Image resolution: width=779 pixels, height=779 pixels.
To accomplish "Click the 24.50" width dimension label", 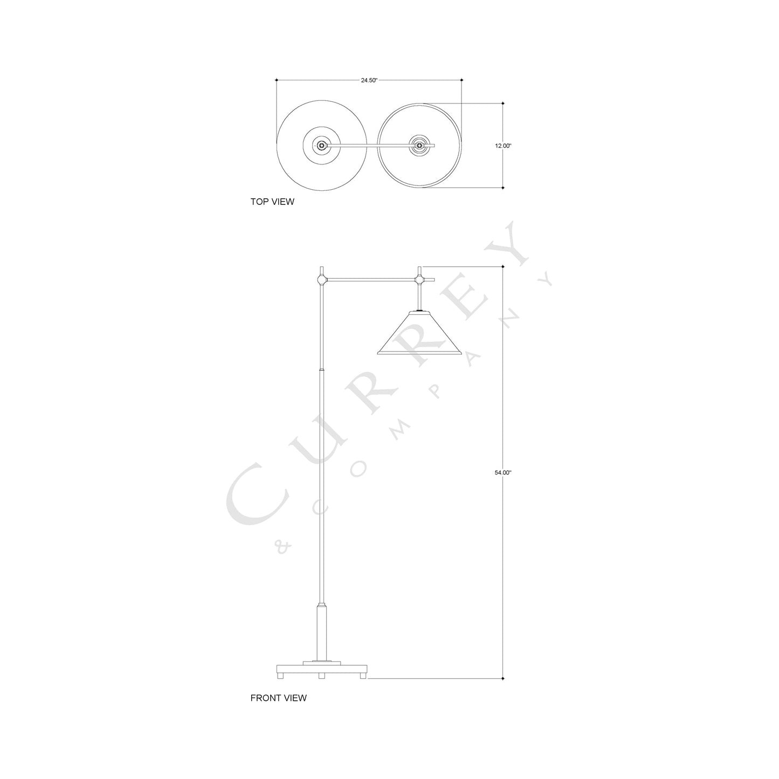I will [369, 80].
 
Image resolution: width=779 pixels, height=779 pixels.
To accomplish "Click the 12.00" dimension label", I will [503, 146].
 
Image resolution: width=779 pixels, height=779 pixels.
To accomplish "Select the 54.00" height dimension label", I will [503, 472].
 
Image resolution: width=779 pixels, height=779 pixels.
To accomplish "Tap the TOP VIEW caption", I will [272, 202].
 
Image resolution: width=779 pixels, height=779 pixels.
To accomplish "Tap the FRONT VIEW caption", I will [278, 698].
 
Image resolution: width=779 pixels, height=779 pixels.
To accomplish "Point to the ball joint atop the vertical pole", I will [321, 280].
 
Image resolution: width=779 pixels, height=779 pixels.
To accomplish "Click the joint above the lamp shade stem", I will [419, 280].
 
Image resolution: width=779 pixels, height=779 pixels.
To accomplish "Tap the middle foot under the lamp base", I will [321, 675].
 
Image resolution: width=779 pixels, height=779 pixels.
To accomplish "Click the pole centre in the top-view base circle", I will [322, 145].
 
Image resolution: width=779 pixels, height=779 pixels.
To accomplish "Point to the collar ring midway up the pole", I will [322, 370].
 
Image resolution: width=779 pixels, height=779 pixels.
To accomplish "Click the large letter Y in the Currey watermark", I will [507, 246].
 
